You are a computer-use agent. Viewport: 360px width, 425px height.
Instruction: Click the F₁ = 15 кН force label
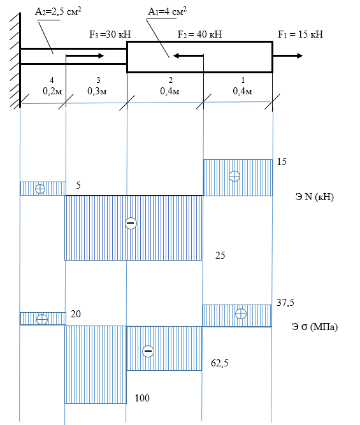point(300,34)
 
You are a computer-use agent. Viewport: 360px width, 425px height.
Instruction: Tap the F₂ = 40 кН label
point(200,34)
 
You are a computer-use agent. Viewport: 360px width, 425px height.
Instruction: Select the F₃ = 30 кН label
point(110,34)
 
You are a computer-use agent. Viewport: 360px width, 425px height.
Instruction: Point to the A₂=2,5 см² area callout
point(58,11)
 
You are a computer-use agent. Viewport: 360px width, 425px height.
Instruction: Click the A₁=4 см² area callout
point(168,11)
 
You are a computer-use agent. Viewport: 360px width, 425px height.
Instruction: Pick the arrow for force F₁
point(287,56)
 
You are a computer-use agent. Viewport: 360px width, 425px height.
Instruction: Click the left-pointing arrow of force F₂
point(188,56)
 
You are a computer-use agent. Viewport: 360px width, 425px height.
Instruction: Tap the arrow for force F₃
point(85,56)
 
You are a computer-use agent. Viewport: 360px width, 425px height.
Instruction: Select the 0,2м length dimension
point(52,91)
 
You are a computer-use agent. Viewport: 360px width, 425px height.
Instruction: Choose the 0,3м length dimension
point(97,91)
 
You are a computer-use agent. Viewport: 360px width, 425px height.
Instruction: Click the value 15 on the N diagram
point(282,162)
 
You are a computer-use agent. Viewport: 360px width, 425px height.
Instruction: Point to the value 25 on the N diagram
point(220,256)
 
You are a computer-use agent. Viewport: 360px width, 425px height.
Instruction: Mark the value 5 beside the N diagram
point(78,185)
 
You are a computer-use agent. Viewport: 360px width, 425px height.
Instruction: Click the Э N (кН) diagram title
point(315,196)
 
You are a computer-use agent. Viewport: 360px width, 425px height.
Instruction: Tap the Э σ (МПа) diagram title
point(315,327)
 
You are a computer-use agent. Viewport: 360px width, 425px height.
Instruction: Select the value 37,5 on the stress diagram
point(285,303)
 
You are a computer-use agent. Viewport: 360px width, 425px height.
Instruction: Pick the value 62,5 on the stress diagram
point(220,363)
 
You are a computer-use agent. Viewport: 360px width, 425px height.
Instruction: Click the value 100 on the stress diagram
point(142,398)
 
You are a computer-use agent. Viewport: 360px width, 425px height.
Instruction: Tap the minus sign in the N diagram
point(131,223)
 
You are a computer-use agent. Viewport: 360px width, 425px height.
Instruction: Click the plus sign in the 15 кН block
point(234,176)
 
